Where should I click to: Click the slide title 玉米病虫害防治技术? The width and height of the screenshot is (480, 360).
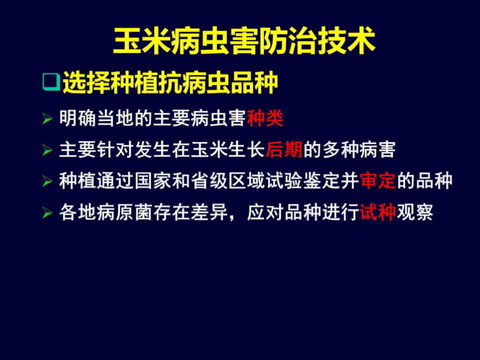pos(244,42)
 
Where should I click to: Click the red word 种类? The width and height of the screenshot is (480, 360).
pos(265,119)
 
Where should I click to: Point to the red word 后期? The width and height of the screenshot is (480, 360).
pos(284,150)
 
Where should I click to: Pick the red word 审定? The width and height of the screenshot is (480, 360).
pos(378,181)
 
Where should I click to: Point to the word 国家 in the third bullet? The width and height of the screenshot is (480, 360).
pos(153,181)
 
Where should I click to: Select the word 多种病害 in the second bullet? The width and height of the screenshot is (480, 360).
pos(359,150)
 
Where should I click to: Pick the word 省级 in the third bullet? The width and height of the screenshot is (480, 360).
pos(209,181)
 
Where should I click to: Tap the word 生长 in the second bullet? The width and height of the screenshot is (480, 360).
pos(247,150)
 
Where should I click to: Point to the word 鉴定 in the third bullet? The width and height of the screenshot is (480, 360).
pos(322,181)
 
